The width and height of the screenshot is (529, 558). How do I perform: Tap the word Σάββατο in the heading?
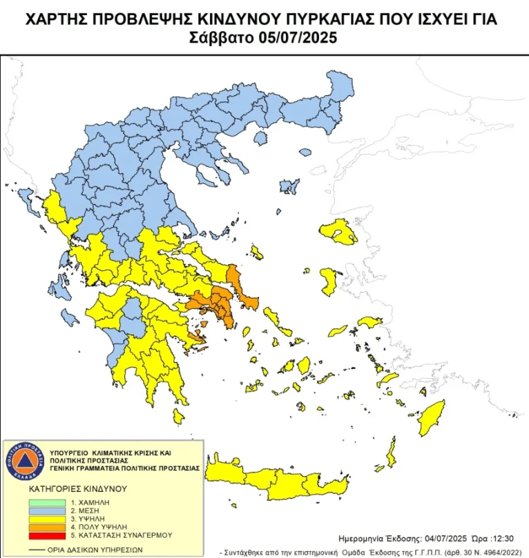[219, 38]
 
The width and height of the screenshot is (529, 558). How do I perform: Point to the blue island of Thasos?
[260, 139]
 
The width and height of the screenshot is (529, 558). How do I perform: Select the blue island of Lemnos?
[289, 186]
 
